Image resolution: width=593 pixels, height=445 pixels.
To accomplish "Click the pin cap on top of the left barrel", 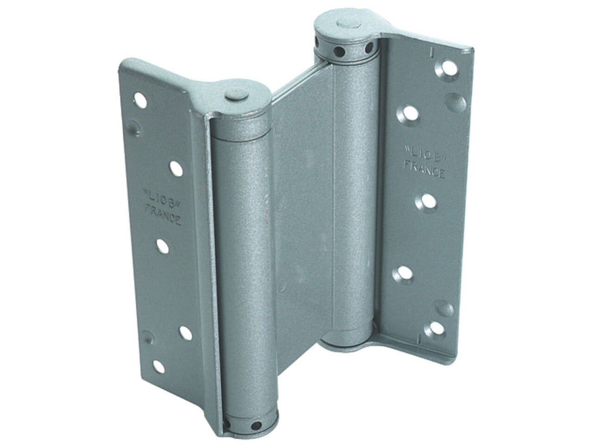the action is (x=237, y=95).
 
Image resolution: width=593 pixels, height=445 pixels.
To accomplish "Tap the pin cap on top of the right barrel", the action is (x=349, y=24).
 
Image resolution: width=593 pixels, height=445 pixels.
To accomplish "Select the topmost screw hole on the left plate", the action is (x=140, y=101).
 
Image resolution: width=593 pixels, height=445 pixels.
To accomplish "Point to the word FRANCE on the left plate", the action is (x=163, y=215).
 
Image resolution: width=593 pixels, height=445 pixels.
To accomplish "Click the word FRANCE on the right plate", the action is (x=424, y=169).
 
